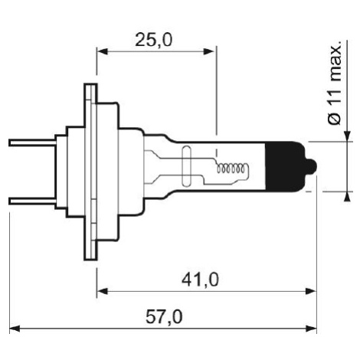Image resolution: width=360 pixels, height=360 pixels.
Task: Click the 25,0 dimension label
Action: click(153, 40)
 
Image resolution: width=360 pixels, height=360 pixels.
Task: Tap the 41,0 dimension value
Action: click(200, 280)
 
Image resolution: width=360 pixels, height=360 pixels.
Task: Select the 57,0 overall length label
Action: click(164, 317)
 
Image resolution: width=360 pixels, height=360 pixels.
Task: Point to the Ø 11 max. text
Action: click(334, 83)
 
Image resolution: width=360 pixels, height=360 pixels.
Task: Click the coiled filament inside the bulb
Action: click(232, 168)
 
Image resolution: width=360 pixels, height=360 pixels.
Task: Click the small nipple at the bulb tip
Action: click(312, 167)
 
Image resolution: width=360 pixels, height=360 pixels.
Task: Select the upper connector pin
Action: click(32, 142)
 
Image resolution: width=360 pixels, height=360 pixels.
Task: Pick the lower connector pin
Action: click(32, 201)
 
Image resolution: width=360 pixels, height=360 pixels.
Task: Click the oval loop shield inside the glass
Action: click(186, 166)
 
